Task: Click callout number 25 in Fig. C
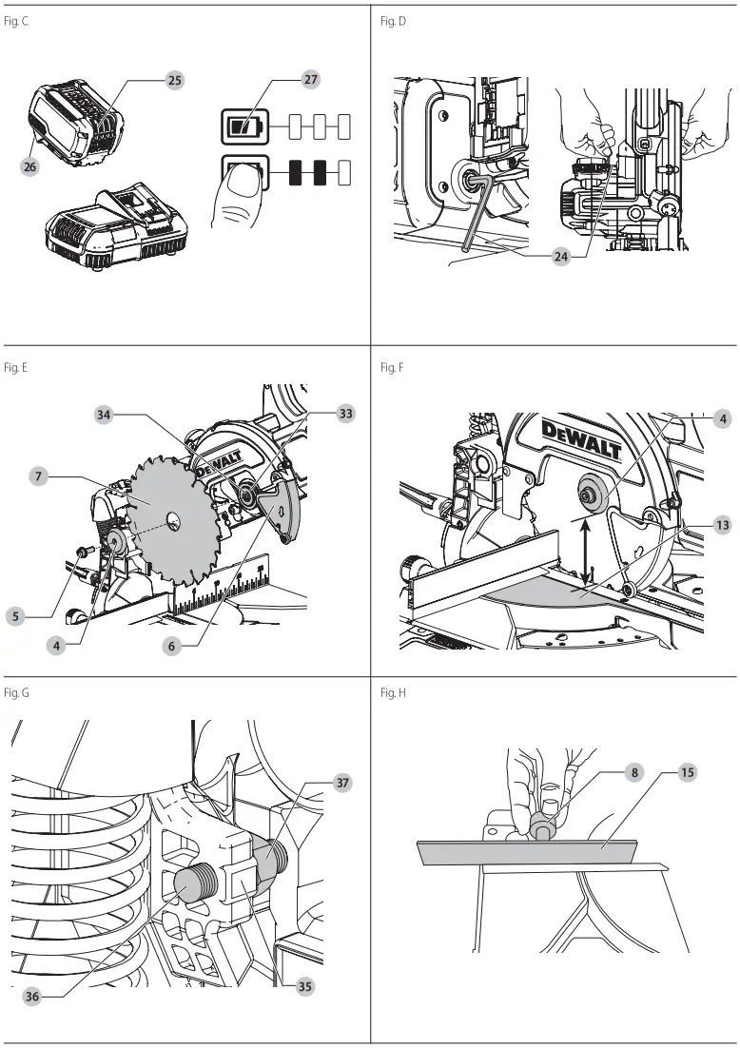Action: pyautogui.click(x=175, y=81)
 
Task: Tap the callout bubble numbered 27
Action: pyautogui.click(x=310, y=81)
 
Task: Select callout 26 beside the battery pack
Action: pyautogui.click(x=29, y=165)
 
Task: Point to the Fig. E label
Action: pyautogui.click(x=15, y=367)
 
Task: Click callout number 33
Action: pyautogui.click(x=345, y=415)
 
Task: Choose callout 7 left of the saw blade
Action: pyautogui.click(x=38, y=476)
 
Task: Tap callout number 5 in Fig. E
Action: pyautogui.click(x=15, y=616)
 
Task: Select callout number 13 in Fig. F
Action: pyautogui.click(x=723, y=525)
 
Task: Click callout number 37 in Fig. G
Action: pyautogui.click(x=342, y=783)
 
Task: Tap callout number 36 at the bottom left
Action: pyautogui.click(x=33, y=997)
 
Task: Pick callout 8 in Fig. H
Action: pyautogui.click(x=635, y=772)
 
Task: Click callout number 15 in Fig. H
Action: pyautogui.click(x=687, y=772)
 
